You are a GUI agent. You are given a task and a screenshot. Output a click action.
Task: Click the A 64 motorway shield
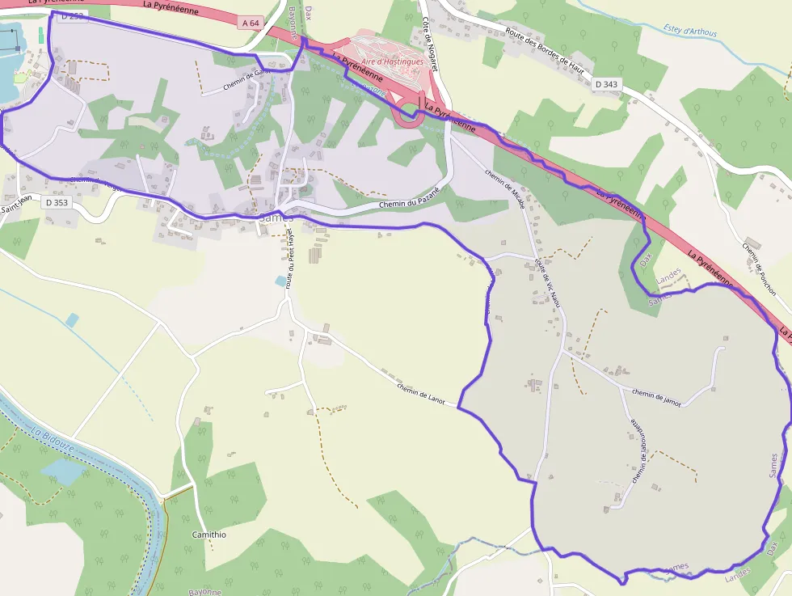point(251,23)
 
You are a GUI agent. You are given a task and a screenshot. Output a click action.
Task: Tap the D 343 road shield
point(605,84)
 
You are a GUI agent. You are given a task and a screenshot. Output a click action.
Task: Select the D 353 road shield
point(57,202)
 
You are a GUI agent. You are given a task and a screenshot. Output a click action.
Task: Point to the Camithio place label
point(209,535)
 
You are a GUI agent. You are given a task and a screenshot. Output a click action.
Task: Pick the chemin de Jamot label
point(656,397)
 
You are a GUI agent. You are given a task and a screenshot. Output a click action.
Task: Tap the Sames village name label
point(276,218)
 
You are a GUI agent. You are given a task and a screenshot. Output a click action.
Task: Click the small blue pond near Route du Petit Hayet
point(281,281)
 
